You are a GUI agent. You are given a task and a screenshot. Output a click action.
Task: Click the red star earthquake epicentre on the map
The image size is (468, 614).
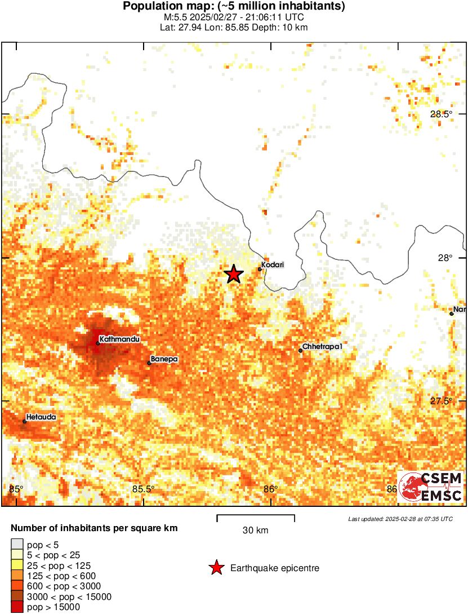(x=234, y=274)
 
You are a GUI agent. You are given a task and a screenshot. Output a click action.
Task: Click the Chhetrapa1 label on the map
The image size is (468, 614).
(x=322, y=346)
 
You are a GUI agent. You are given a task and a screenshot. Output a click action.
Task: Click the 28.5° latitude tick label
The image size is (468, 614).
(x=441, y=114)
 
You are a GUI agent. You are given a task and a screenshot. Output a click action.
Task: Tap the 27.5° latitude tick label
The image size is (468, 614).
(x=441, y=401)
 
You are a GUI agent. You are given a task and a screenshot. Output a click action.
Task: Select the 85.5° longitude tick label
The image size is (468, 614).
(x=144, y=489)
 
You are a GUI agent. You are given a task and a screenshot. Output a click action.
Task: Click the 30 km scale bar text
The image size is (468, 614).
(x=256, y=530)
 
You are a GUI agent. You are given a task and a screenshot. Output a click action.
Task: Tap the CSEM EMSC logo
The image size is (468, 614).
(x=431, y=487)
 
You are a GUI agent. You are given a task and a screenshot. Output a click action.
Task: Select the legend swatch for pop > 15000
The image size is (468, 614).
(x=17, y=607)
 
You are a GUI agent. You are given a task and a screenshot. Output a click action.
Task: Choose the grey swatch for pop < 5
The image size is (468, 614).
(x=17, y=545)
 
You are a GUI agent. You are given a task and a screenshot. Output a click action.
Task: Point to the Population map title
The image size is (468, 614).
(x=234, y=7)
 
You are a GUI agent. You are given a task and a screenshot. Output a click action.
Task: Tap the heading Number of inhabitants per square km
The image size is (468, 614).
(x=95, y=528)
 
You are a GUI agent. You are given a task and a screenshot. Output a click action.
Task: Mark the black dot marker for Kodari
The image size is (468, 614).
(x=260, y=269)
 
